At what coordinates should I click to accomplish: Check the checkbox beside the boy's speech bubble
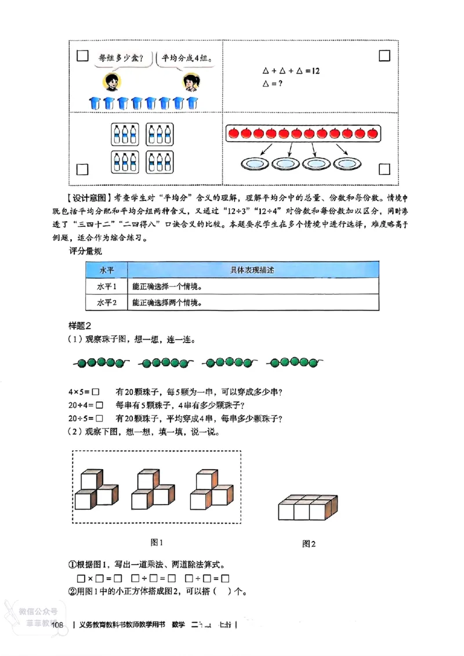pos(82,57)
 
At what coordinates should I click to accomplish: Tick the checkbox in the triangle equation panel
pos(383,56)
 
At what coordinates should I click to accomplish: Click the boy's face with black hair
pos(111,82)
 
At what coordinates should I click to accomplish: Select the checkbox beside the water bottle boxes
pos(82,169)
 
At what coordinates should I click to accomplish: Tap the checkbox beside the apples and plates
pos(383,169)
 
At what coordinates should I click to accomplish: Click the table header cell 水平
pos(107,271)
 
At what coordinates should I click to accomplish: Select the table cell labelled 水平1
pos(107,287)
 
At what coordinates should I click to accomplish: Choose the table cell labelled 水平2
pos(107,303)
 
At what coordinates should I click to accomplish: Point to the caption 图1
pos(157,542)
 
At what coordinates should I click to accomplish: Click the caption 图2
pos(309,544)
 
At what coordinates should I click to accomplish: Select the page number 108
pos(57,625)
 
